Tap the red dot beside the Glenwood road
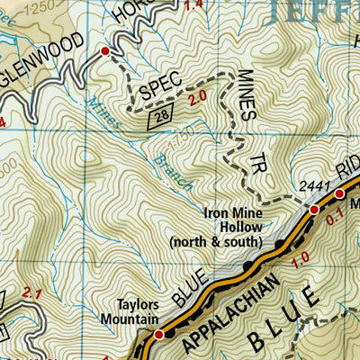[x=105, y=52]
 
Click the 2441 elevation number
[x=307, y=186]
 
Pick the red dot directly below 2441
[x=314, y=209]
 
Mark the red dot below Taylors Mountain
[x=159, y=335]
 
